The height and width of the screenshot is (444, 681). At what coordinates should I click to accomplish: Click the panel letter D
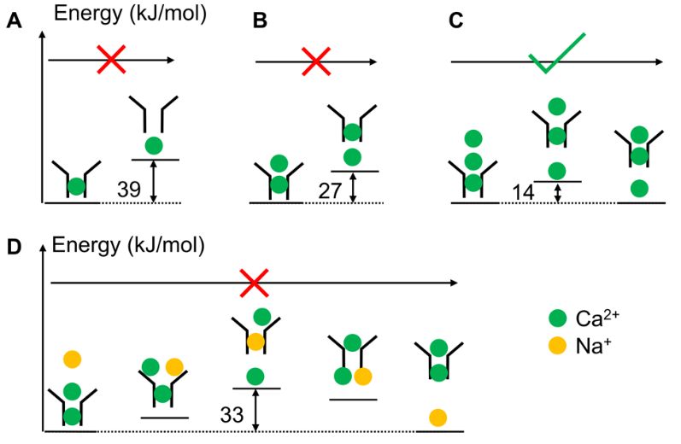14,249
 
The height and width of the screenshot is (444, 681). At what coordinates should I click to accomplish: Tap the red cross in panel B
316,61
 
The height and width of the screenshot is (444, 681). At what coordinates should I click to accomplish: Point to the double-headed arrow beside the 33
255,410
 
